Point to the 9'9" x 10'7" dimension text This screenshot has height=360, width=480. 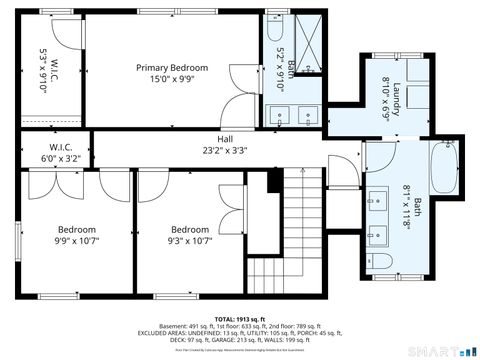76,240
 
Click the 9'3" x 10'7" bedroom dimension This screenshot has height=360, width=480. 189,240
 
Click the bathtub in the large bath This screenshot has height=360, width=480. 441,172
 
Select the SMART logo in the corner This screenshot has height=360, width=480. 445,350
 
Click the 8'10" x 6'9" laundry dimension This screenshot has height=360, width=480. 384,98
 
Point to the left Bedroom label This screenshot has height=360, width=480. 76,228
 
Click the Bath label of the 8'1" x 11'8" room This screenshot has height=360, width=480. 417,208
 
